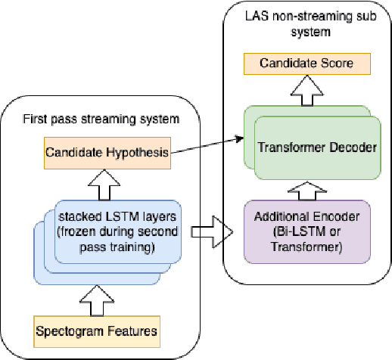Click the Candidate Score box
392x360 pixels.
(306, 64)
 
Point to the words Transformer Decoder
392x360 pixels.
(317, 147)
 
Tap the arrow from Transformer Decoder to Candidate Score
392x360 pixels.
(306, 92)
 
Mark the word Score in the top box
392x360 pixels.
(335, 64)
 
